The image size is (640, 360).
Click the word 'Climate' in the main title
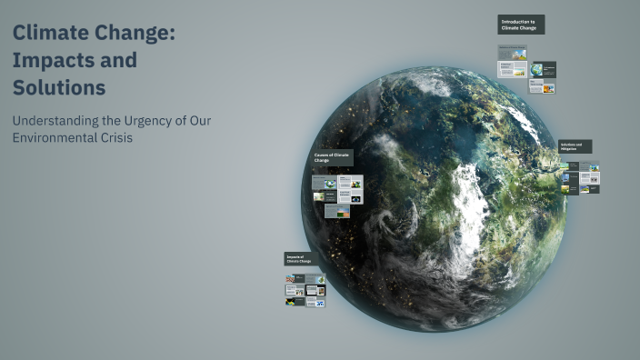(x=58, y=34)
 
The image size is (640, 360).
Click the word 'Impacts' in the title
(x=49, y=61)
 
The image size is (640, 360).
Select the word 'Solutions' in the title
(x=59, y=88)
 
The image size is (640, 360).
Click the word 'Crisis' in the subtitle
(x=118, y=138)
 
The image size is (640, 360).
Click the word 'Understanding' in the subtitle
(x=56, y=121)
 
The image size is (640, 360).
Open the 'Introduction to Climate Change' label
(x=520, y=25)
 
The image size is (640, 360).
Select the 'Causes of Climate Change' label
(x=333, y=158)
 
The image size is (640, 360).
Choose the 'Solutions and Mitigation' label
(x=575, y=145)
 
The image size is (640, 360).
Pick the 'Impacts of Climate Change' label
(x=299, y=259)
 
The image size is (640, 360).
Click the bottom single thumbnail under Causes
(x=336, y=211)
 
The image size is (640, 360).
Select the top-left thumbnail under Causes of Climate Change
(x=324, y=182)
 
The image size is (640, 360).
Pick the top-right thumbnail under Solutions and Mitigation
(x=591, y=167)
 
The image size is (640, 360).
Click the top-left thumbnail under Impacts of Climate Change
(x=294, y=279)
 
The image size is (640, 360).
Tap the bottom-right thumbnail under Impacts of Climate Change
(x=317, y=301)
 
